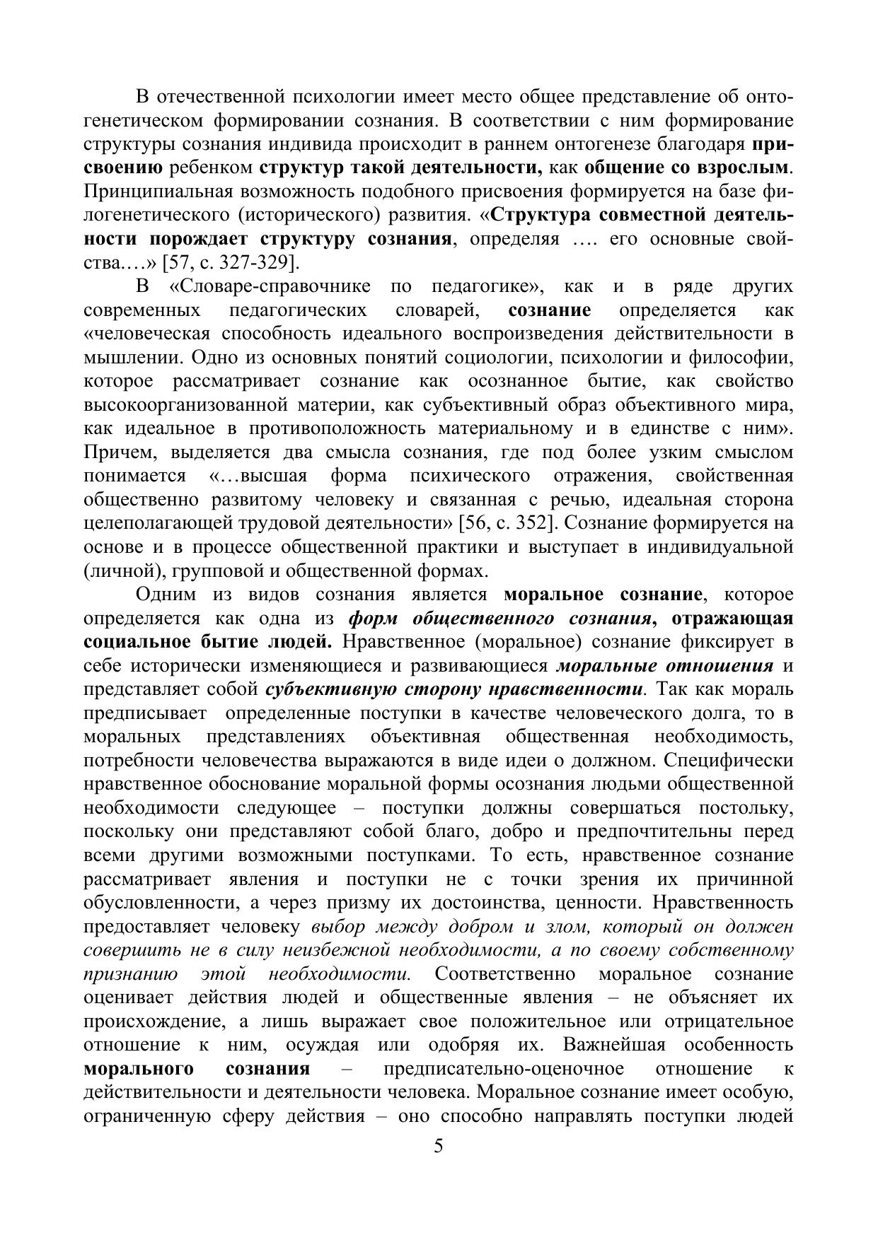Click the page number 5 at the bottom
[438, 1146]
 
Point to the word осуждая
[323, 1045]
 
